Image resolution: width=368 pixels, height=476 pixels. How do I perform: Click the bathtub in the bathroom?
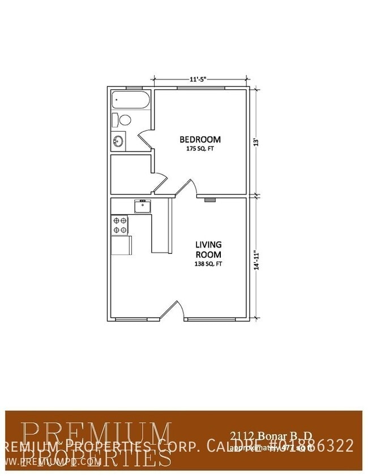[130, 100]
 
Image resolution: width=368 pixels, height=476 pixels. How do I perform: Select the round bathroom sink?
[119, 141]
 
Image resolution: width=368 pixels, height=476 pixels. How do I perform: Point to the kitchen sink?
[142, 206]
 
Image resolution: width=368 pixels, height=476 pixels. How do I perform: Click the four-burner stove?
[120, 226]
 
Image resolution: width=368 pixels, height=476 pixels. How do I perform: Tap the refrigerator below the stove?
[121, 245]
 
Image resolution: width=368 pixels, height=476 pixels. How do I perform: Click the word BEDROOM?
[200, 139]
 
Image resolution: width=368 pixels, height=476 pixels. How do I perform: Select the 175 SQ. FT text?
[200, 149]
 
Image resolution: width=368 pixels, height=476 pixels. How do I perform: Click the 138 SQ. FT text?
[208, 263]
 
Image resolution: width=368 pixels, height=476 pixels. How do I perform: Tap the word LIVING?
[208, 245]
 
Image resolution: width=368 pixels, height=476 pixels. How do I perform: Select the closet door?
[161, 183]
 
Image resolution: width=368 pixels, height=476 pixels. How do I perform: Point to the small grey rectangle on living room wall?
[209, 200]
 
